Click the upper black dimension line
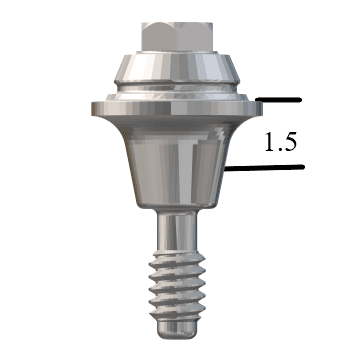pyautogui.click(x=280, y=100)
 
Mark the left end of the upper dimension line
pyautogui.click(x=258, y=100)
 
